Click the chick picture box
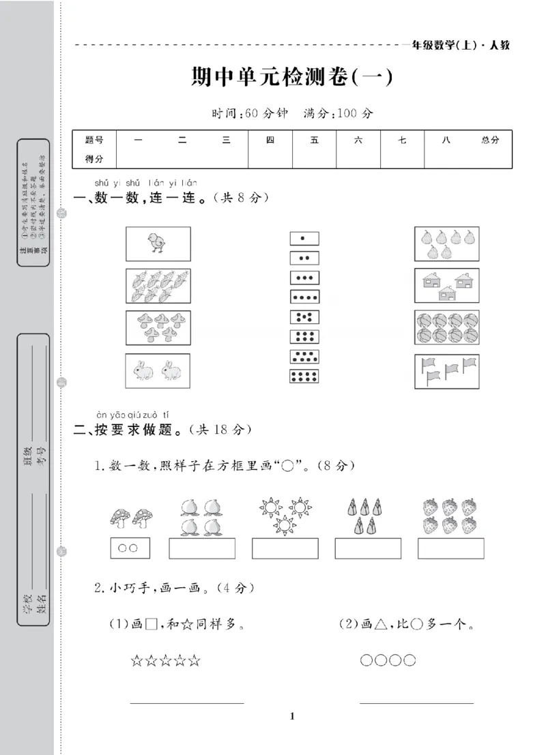click(158, 243)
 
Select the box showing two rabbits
click(158, 371)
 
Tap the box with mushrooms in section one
click(158, 328)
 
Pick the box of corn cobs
click(158, 286)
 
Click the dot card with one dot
click(304, 238)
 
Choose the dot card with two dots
click(304, 258)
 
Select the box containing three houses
click(446, 286)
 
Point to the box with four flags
click(446, 371)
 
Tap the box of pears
click(446, 243)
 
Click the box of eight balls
click(446, 328)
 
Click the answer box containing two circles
click(130, 548)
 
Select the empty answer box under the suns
click(285, 548)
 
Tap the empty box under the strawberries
click(451, 548)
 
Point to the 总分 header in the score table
click(490, 140)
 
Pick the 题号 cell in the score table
click(94, 140)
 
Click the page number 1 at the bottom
click(292, 715)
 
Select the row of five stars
click(166, 660)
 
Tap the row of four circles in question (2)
click(388, 660)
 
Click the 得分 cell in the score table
click(94, 159)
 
